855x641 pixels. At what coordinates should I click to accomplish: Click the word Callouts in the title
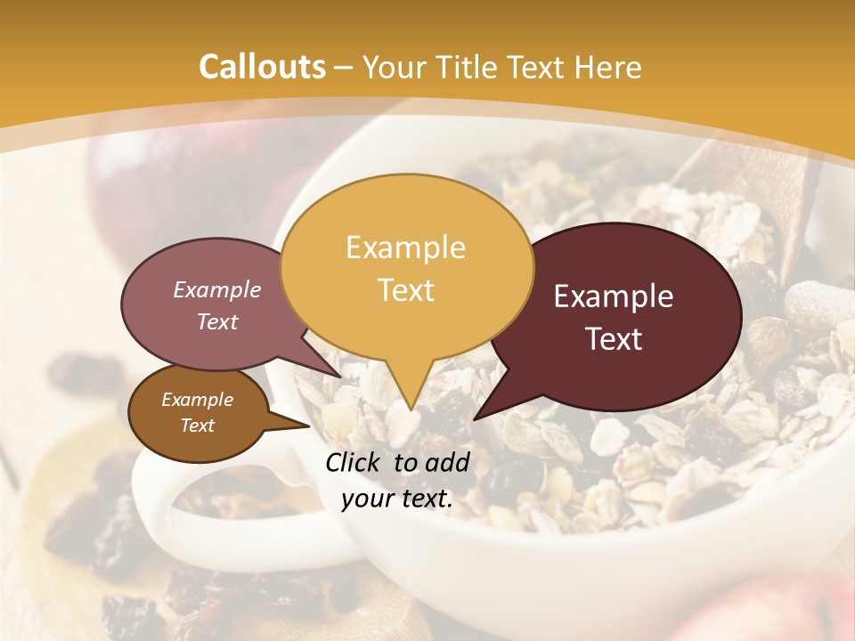pyautogui.click(x=262, y=67)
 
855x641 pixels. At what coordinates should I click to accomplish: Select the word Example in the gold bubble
pyautogui.click(x=405, y=247)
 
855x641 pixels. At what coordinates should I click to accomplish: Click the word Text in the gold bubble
pyautogui.click(x=405, y=290)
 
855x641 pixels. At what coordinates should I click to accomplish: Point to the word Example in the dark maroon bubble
pyautogui.click(x=614, y=296)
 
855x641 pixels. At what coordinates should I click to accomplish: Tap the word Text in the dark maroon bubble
pyautogui.click(x=614, y=339)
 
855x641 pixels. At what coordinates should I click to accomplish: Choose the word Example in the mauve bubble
pyautogui.click(x=216, y=289)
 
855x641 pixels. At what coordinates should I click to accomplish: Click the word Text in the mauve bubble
pyautogui.click(x=216, y=321)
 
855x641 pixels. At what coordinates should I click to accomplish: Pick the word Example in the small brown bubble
pyautogui.click(x=197, y=400)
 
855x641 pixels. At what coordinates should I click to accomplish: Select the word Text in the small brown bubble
pyautogui.click(x=197, y=426)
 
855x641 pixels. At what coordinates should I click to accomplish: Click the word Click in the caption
pyautogui.click(x=354, y=462)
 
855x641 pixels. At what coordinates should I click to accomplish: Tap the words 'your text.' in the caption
pyautogui.click(x=397, y=499)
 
